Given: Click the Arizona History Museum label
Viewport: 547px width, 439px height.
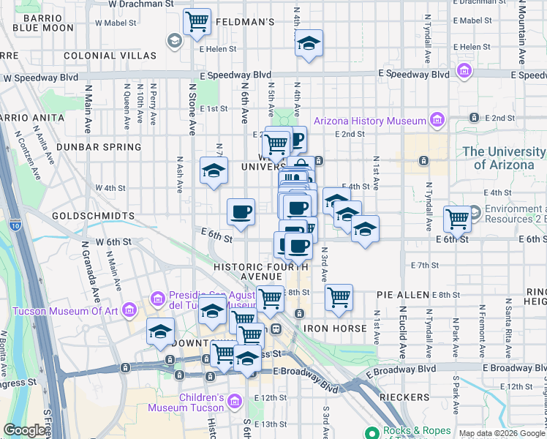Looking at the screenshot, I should pyautogui.click(x=370, y=121).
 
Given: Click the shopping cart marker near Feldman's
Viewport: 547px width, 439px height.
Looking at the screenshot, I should pyautogui.click(x=197, y=21).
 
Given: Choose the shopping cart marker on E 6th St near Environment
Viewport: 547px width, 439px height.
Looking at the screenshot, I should pyautogui.click(x=457, y=218).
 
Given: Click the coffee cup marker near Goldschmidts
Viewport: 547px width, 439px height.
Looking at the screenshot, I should pyautogui.click(x=241, y=212).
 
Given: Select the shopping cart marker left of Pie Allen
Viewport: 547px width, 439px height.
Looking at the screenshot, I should pyautogui.click(x=339, y=296).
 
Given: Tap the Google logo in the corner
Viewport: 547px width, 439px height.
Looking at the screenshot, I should pyautogui.click(x=24, y=430).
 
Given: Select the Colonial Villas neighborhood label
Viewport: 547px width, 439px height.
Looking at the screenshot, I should pyautogui.click(x=110, y=56).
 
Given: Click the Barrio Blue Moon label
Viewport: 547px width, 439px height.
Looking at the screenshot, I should pyautogui.click(x=43, y=22).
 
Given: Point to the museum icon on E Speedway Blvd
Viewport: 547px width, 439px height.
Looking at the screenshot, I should pyautogui.click(x=464, y=72).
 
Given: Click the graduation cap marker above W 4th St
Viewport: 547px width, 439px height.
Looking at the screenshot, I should pyautogui.click(x=214, y=171).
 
